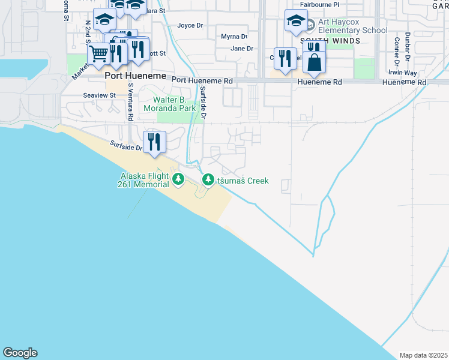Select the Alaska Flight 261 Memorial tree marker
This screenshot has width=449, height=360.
coord(178,179)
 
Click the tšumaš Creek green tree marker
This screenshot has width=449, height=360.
coord(208,179)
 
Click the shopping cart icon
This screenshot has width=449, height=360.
coord(100,55)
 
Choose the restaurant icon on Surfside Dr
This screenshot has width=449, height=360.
coord(154,142)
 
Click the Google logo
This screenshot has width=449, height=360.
coord(20,353)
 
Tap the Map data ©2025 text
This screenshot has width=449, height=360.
coord(423,355)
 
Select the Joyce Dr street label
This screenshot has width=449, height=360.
coord(190,26)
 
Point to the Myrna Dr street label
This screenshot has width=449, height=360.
coord(234,37)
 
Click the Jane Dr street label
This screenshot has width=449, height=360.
coord(242,49)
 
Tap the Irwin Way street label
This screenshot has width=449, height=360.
coord(402,73)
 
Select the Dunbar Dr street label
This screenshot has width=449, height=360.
coord(408,47)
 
